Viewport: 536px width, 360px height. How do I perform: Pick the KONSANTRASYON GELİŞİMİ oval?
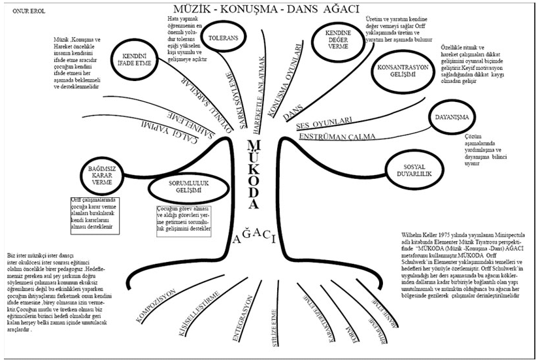pos(403,70)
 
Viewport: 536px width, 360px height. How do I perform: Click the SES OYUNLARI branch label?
pos(324,122)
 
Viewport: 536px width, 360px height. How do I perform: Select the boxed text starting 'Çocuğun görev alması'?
pos(184,220)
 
